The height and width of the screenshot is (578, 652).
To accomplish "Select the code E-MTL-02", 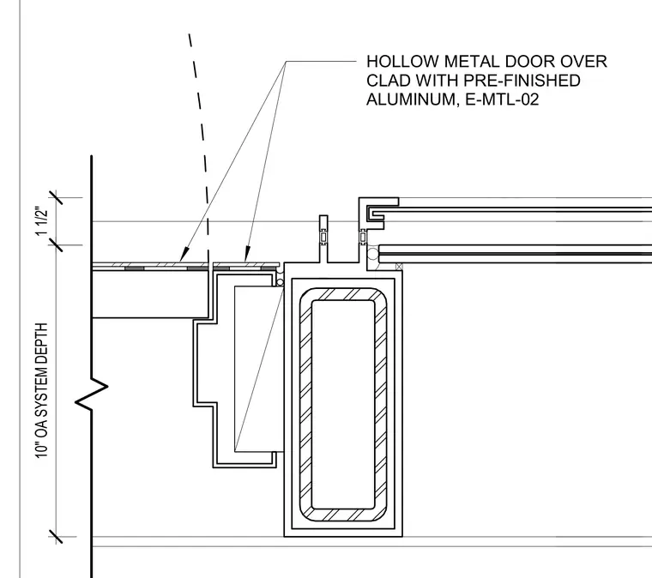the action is [x=503, y=99].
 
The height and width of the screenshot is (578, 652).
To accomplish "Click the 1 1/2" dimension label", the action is [x=42, y=220].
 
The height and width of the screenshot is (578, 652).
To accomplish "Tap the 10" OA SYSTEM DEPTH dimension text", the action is [x=41, y=390].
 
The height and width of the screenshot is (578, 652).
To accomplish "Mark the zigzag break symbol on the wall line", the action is [x=92, y=394].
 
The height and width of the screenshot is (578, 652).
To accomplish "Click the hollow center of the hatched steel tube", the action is [x=343, y=404].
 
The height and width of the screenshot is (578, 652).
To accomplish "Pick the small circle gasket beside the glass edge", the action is [x=372, y=254].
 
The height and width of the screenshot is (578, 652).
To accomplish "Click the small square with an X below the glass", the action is [x=399, y=267].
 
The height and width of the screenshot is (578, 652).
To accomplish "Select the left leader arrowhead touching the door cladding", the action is [x=184, y=255].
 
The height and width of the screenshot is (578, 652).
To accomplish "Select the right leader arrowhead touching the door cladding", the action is [x=247, y=255].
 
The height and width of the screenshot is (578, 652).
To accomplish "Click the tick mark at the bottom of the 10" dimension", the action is [x=56, y=537].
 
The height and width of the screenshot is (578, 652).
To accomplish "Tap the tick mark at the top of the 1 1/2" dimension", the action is [x=56, y=197].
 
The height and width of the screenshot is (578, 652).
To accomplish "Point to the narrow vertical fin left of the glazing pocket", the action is [x=323, y=238].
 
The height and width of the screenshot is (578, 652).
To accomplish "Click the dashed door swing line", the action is [x=201, y=154].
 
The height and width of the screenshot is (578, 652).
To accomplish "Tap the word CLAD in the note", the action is [x=389, y=81].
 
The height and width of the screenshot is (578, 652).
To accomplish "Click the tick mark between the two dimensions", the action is [x=56, y=244].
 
